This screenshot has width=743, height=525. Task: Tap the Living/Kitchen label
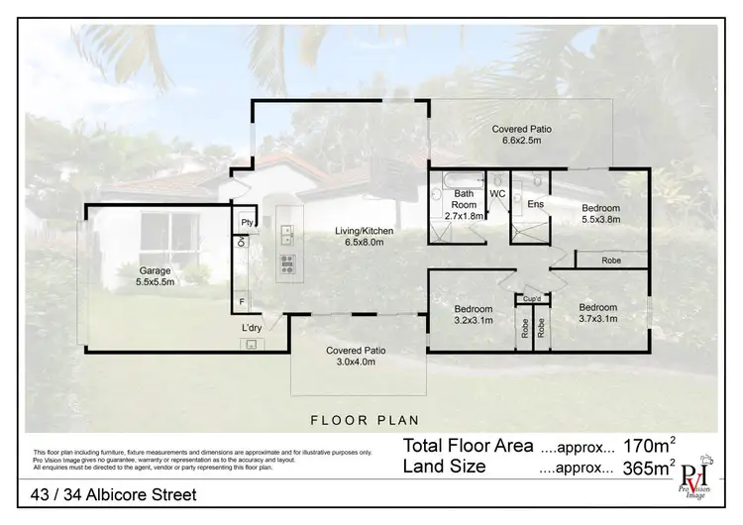(365, 236)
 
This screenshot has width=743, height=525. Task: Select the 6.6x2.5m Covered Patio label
(522, 135)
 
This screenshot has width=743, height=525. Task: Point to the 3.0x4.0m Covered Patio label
(354, 356)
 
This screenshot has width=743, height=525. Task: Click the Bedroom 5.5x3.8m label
(600, 214)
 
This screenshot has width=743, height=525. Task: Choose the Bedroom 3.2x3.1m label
(472, 313)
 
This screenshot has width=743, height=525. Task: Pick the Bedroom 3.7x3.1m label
(598, 313)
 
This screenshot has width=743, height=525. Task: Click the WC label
(497, 192)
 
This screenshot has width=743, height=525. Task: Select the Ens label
(535, 203)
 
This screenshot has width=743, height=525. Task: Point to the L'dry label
(252, 328)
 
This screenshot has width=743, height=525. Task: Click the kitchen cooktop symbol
(288, 263)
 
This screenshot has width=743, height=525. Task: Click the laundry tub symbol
(252, 344)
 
